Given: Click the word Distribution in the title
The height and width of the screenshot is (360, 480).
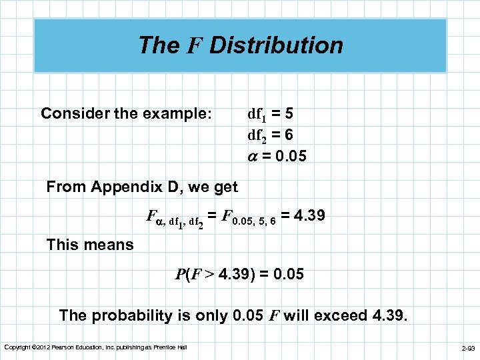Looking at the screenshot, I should coord(276,45).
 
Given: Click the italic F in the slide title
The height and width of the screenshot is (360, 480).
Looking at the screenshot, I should coord(194,46).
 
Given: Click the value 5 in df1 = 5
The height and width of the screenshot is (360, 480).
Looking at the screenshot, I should coord(287,114).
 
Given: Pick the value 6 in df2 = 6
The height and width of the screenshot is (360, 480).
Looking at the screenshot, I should coord(287,135).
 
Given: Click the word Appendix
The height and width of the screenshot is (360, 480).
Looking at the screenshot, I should coord(127,187).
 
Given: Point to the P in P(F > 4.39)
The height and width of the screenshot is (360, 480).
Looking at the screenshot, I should coord(179,273).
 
